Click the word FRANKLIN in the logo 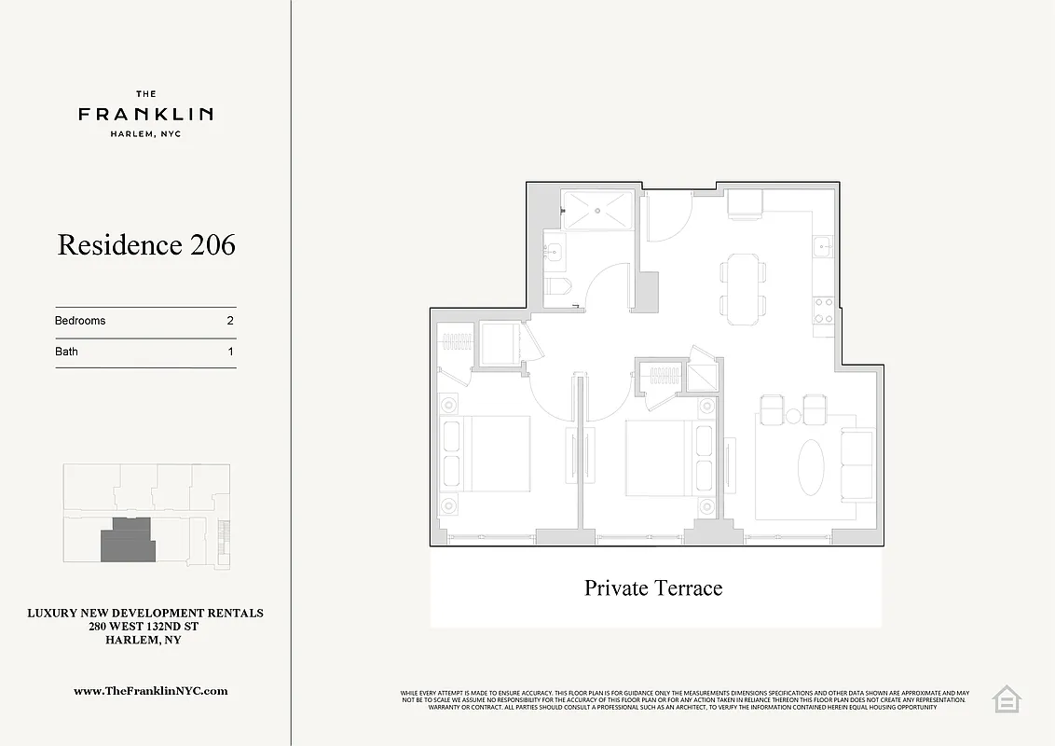point(145,114)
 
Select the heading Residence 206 point(146,244)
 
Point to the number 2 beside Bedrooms point(229,321)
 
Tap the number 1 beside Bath point(229,352)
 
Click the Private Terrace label point(653,587)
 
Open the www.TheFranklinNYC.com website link point(150,691)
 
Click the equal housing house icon point(1007,699)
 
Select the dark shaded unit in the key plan point(127,540)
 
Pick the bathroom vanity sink point(554,250)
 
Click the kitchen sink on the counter point(822,246)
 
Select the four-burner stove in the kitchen point(823,310)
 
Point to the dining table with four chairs point(744,289)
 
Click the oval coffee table point(812,468)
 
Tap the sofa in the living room point(857,463)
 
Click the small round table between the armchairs point(793,416)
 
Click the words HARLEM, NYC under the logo point(145,134)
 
